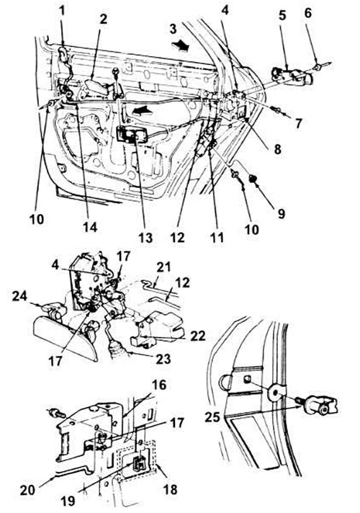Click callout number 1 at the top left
61,10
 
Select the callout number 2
103,19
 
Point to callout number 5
282,15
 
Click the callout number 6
307,13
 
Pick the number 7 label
298,123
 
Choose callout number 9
282,213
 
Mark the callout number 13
145,238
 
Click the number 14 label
90,227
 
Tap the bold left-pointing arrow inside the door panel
143,111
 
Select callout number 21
163,267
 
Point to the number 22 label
198,336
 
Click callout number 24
20,296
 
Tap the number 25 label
212,416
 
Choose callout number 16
159,385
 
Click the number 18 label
170,489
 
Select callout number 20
28,491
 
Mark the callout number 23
163,359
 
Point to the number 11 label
217,237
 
